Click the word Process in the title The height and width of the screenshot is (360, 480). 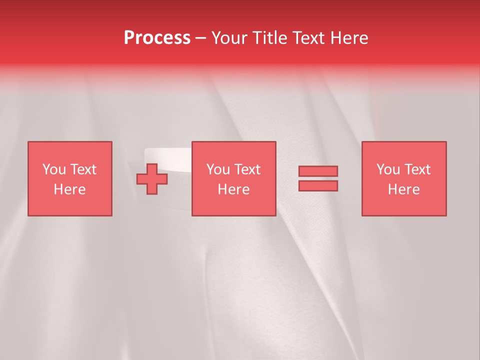tap(157, 38)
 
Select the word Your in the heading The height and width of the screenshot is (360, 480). tap(230, 38)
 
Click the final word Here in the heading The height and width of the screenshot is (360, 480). tap(349, 38)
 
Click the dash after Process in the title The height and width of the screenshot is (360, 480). tap(200, 38)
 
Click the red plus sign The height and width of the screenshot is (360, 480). tap(152, 179)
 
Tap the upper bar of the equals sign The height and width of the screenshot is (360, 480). tap(318, 171)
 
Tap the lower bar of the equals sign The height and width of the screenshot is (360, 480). tap(318, 185)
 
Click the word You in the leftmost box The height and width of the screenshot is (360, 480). tap(54, 169)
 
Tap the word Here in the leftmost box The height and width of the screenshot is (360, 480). tap(69, 189)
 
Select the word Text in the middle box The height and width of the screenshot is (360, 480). tap(247, 169)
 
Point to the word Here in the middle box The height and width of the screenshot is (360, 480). tap(233, 189)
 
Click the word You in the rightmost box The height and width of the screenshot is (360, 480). tap(388, 169)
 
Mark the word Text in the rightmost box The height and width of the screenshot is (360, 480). tap(417, 169)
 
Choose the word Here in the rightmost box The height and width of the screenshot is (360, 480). tap(403, 189)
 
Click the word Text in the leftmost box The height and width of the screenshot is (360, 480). tap(83, 169)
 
